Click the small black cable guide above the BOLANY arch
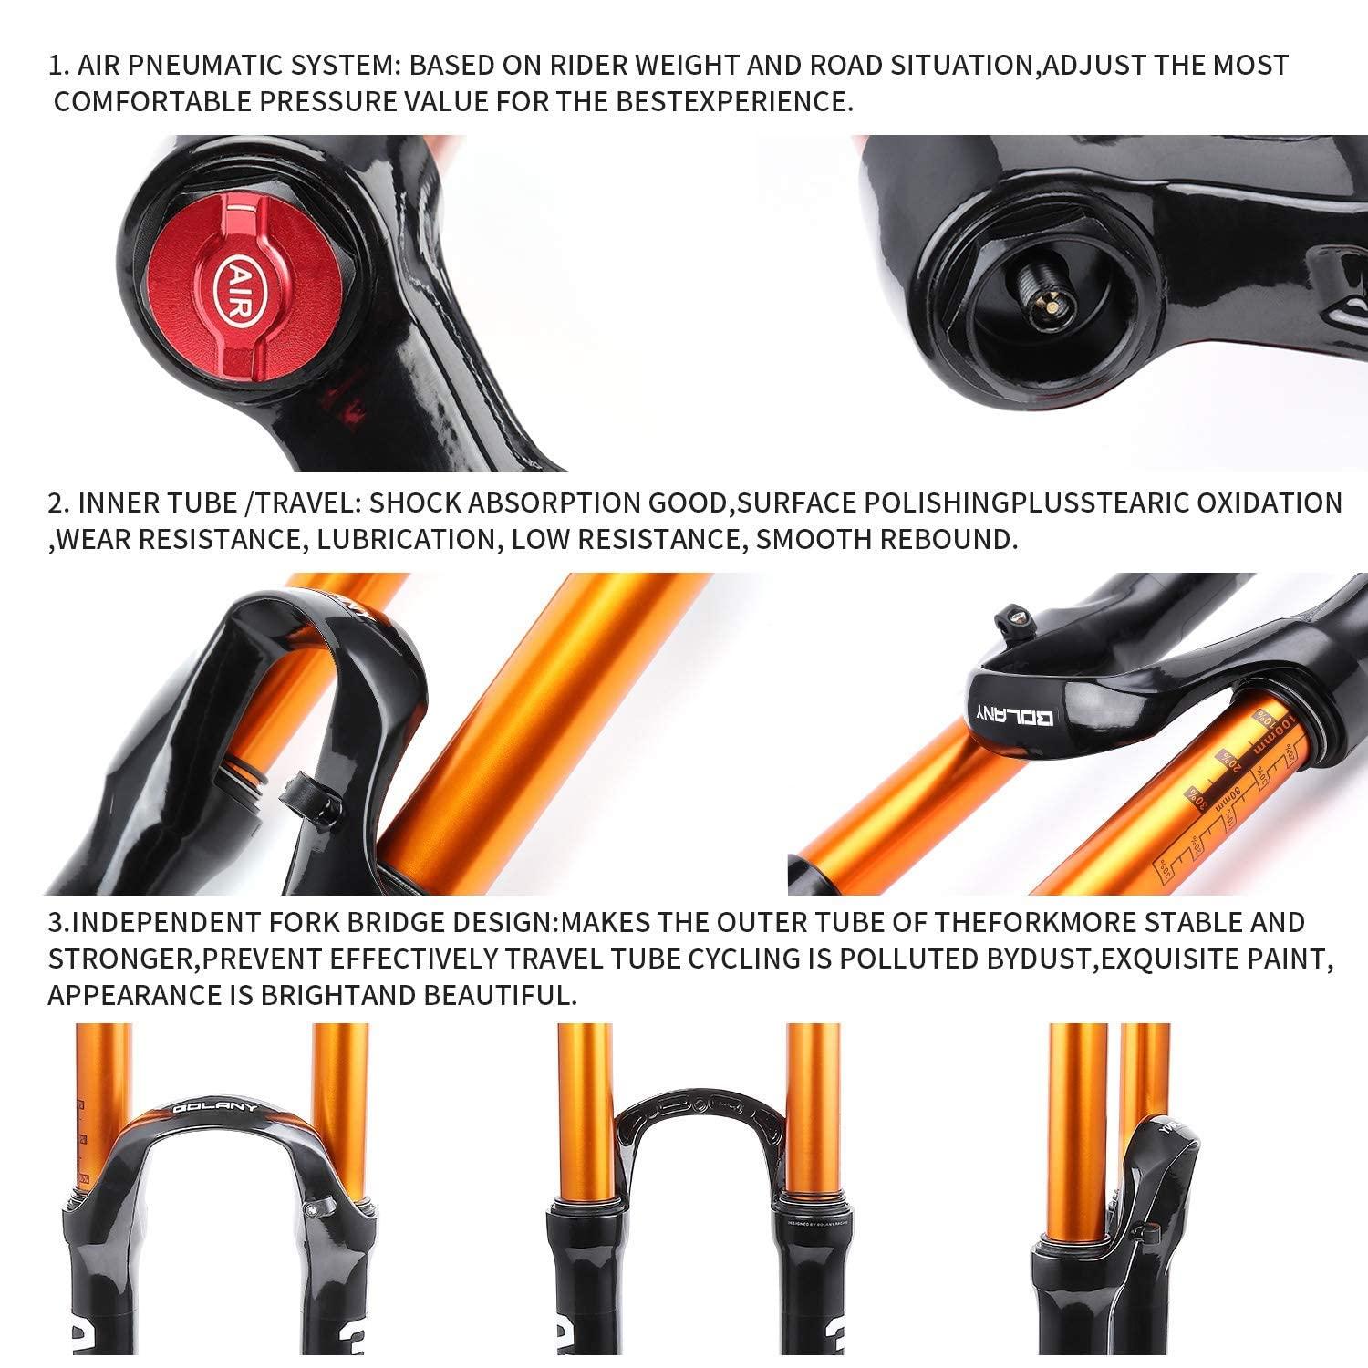(x=1009, y=618)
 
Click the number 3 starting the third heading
(x=55, y=922)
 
